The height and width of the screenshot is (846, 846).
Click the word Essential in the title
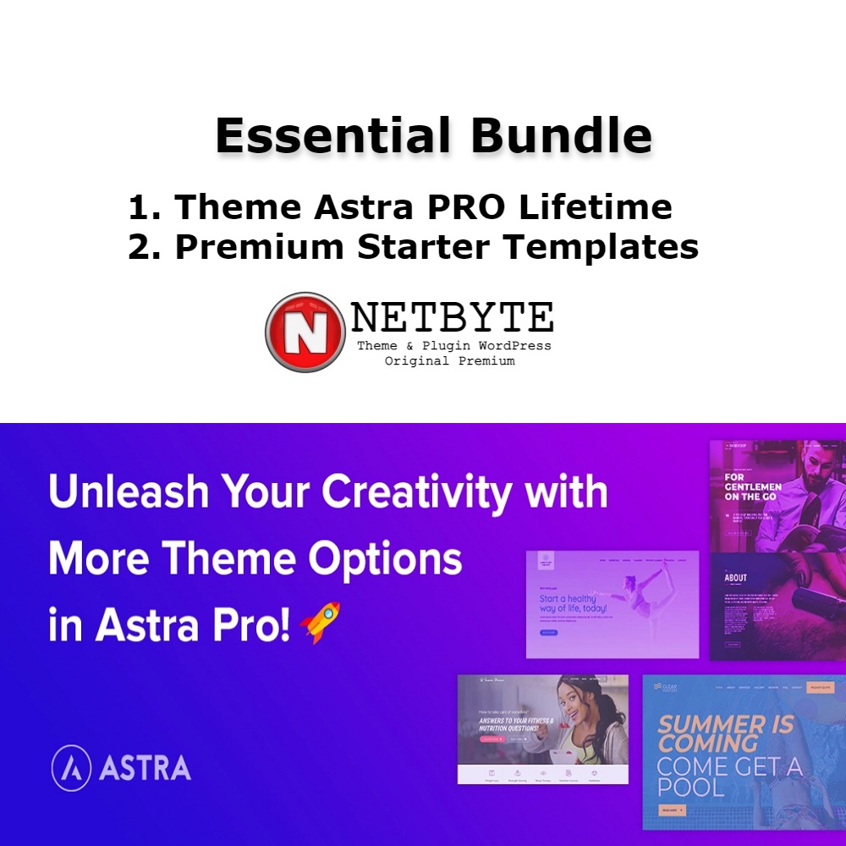point(325,135)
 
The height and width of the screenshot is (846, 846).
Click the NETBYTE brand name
point(453,317)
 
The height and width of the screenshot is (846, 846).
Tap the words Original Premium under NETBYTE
point(449,361)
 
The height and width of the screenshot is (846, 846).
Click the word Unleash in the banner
point(122,492)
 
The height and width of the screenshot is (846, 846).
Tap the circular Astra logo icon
point(71,768)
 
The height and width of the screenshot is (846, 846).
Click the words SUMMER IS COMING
point(726,733)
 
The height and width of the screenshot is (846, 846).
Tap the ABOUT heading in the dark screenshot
point(736,579)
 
